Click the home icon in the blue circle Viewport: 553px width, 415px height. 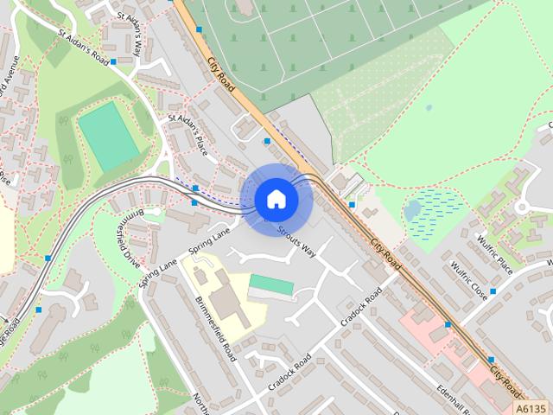[x=276, y=199]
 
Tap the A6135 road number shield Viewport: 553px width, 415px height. [x=531, y=407]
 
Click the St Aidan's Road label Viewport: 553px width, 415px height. [x=85, y=48]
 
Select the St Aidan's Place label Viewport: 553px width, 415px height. [x=188, y=129]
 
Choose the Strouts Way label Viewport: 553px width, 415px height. [x=296, y=242]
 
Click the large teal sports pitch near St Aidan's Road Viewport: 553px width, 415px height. [x=109, y=137]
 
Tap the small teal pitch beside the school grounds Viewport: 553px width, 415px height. [x=270, y=284]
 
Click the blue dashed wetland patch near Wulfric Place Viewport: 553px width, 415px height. [x=436, y=213]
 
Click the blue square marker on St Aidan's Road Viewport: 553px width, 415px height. [x=113, y=62]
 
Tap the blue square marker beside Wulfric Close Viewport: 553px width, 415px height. [x=493, y=291]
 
